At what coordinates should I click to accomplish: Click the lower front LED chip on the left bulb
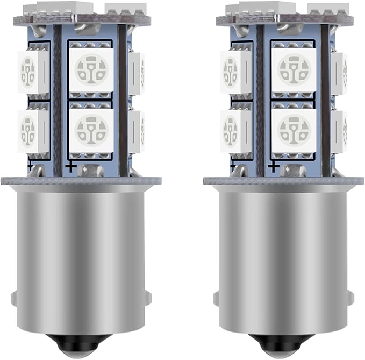click(91, 129)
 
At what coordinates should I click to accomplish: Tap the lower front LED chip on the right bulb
click(294, 129)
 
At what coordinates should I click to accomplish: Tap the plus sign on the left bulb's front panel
click(70, 167)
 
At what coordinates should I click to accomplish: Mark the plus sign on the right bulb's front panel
click(274, 167)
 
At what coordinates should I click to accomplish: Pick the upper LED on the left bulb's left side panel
click(32, 70)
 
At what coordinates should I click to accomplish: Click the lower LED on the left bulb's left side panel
click(32, 130)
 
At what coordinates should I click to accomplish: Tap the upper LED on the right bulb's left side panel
click(235, 70)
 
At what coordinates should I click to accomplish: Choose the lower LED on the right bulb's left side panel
click(235, 130)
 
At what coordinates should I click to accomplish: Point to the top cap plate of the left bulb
click(81, 19)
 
